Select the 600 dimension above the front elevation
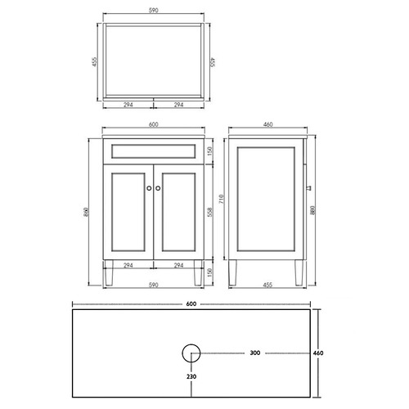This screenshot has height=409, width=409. [x=153, y=125]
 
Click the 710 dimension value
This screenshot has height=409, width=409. [x=219, y=198]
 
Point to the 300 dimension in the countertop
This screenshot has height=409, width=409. [x=255, y=354]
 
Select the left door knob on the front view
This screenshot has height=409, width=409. [x=148, y=188]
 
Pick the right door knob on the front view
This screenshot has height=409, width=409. [x=158, y=188]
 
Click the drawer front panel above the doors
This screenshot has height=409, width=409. [x=153, y=151]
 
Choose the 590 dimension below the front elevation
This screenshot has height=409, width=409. [x=153, y=286]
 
